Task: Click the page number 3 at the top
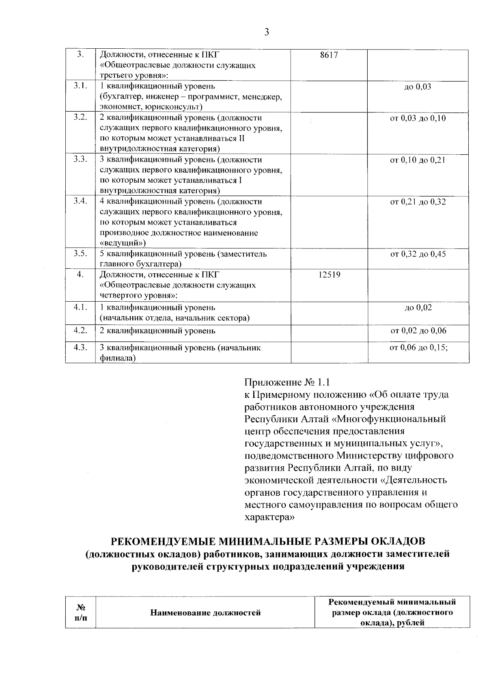pos(266,32)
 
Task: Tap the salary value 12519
pos(329,275)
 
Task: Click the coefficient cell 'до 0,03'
pos(418,86)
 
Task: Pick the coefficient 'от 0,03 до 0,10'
pos(418,118)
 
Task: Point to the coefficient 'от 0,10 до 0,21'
pos(418,160)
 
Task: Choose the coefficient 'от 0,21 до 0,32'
pos(418,202)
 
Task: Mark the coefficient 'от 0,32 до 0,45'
pos(418,254)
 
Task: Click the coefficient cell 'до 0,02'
pos(418,307)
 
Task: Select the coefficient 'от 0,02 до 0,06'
pos(418,330)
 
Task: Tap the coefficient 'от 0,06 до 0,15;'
pos(418,348)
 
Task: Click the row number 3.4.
pos(80,201)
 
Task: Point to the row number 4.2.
pos(80,330)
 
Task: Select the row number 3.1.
pos(80,86)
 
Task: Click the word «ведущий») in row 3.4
pos(123,243)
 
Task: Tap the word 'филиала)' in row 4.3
pos(117,358)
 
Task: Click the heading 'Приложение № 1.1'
pos(287,382)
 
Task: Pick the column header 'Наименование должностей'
pos(205,613)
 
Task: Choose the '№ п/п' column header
pos(80,613)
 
